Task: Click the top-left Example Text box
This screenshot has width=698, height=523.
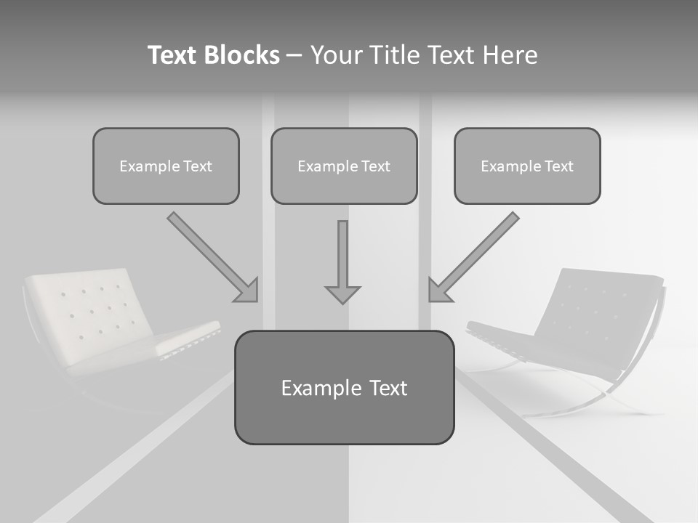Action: tap(166, 166)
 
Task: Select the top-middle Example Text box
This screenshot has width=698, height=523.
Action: tap(344, 166)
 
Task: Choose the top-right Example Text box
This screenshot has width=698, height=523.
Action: tap(527, 166)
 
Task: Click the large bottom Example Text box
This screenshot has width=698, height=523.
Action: tap(344, 388)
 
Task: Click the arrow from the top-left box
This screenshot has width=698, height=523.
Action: tap(211, 256)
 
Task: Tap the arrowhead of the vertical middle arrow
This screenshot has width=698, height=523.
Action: tap(342, 294)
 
